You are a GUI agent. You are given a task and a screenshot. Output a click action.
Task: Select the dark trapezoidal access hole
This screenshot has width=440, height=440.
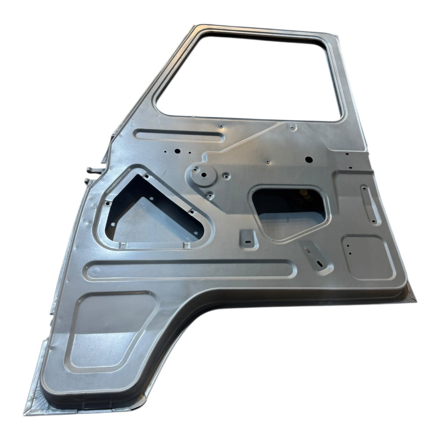(290, 211)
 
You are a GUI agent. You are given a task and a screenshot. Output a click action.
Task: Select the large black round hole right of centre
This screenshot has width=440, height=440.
(308, 159)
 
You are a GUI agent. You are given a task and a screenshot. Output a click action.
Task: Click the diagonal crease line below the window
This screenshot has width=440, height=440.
(245, 142)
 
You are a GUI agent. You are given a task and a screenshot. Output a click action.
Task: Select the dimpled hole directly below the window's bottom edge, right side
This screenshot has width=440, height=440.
(292, 127)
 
